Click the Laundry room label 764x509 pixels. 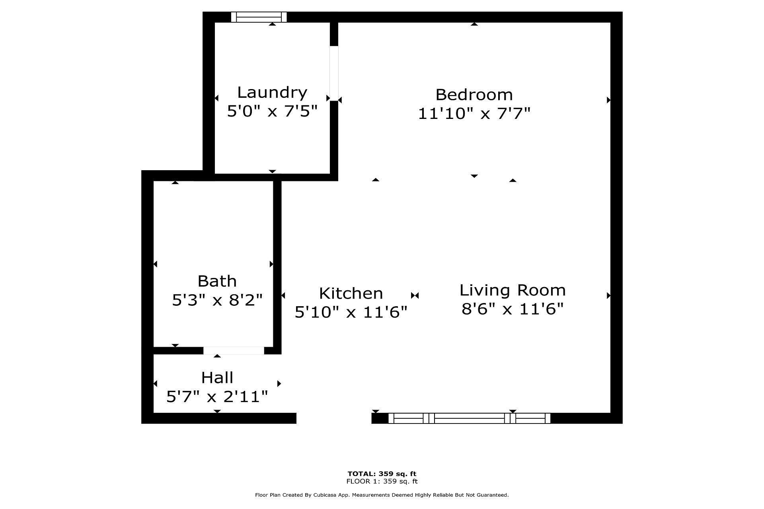(x=272, y=93)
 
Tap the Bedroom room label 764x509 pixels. (x=474, y=95)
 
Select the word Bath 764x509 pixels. (x=217, y=281)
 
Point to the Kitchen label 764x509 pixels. (x=351, y=293)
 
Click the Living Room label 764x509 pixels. (x=513, y=290)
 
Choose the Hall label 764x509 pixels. (x=217, y=377)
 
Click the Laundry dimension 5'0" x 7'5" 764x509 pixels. (x=272, y=111)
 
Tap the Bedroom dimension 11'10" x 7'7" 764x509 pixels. (x=474, y=114)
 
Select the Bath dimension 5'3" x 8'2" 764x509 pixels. (x=217, y=300)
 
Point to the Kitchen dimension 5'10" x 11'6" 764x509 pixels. (x=351, y=312)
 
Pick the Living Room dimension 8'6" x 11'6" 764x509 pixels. (x=513, y=309)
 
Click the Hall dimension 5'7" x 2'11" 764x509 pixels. (x=217, y=396)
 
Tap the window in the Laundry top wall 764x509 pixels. (x=259, y=17)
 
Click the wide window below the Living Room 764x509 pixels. (x=470, y=418)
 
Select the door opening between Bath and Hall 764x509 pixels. (x=234, y=350)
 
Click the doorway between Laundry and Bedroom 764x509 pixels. (x=334, y=74)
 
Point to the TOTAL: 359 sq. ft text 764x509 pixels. (x=382, y=474)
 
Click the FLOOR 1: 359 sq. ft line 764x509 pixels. (x=382, y=481)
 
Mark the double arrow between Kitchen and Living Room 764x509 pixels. (x=415, y=295)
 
